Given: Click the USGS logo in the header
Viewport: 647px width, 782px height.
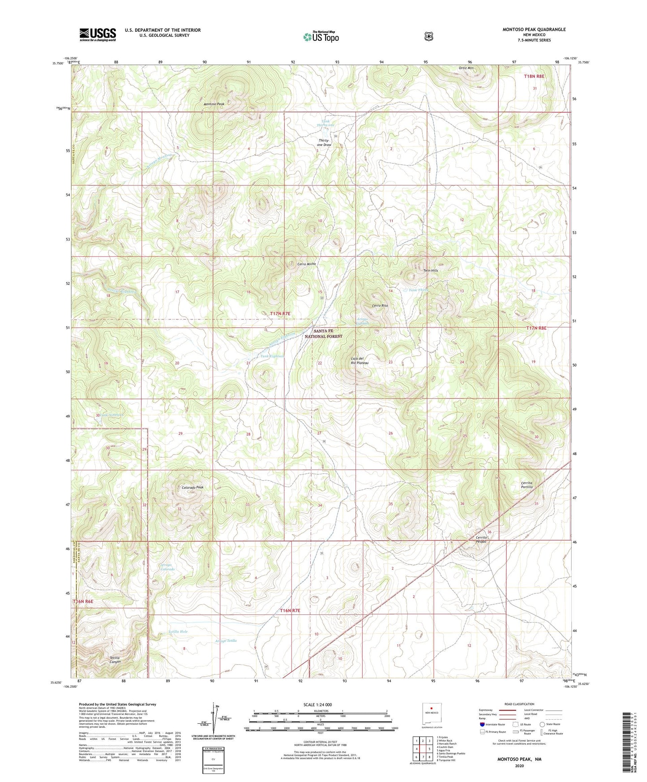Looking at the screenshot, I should click(x=98, y=34).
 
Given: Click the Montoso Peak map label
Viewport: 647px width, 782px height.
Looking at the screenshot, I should click(x=214, y=104).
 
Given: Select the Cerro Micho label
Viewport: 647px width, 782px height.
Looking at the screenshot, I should click(x=307, y=264).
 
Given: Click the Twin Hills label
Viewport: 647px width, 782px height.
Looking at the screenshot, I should click(x=431, y=271).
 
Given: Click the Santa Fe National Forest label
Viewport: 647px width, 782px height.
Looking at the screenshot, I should click(x=328, y=333).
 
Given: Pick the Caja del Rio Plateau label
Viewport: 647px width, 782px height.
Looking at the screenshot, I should click(x=360, y=361).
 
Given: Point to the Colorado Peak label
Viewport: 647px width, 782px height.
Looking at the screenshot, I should click(x=193, y=487).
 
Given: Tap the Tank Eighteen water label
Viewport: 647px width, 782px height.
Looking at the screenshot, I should click(x=272, y=356).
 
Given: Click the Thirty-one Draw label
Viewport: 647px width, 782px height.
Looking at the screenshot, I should click(x=324, y=142).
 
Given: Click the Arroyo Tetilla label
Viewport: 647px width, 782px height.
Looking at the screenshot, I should click(x=226, y=640).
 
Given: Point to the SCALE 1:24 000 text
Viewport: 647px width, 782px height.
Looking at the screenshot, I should click(x=317, y=705).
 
